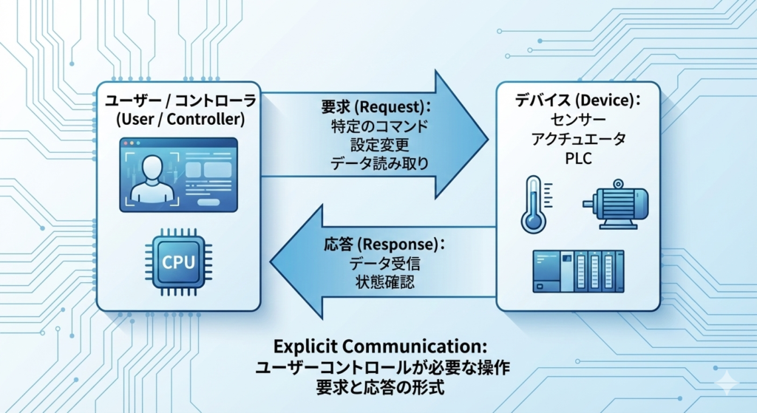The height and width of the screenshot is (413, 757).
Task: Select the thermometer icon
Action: coord(532,204)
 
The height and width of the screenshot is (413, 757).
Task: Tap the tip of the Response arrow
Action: coord(272,262)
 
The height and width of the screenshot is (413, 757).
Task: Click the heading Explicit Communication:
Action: coord(379,346)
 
